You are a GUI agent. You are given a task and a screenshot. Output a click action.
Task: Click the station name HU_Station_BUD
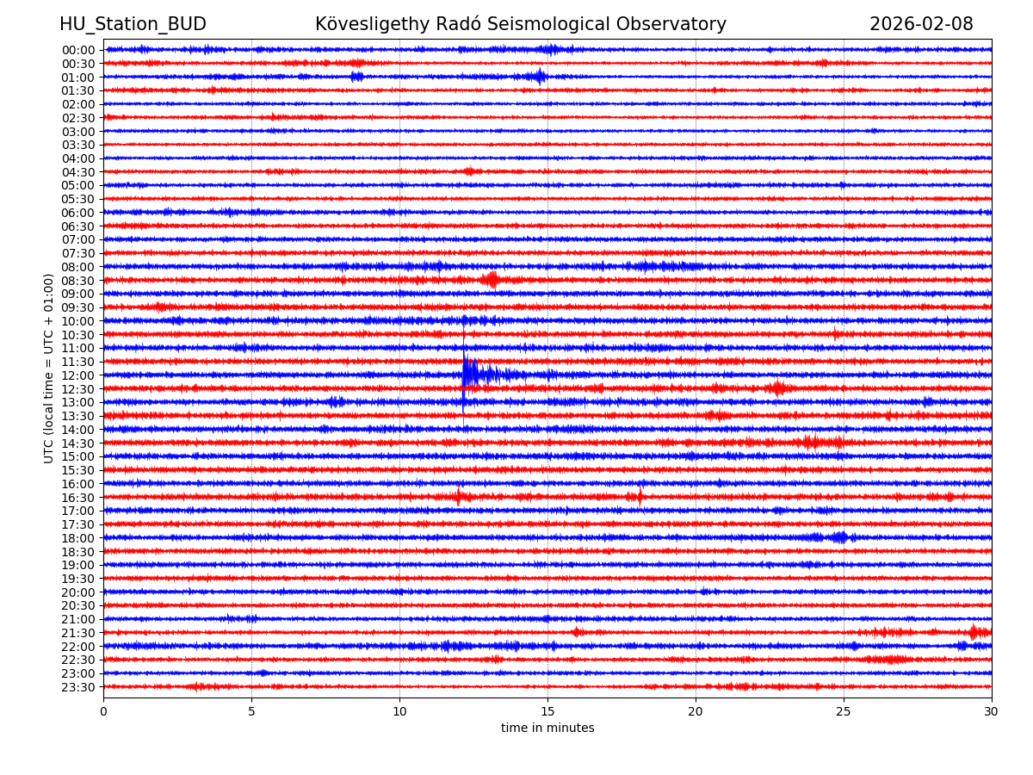click(133, 24)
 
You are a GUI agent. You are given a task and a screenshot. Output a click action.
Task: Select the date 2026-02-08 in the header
click(921, 24)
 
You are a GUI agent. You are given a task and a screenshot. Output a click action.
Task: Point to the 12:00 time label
click(77, 375)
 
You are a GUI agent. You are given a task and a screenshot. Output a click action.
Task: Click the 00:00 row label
click(77, 50)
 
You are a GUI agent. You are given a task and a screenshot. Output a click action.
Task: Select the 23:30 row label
click(77, 687)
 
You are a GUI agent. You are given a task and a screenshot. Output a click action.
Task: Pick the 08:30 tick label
click(77, 281)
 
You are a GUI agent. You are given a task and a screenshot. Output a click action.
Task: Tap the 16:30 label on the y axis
click(77, 498)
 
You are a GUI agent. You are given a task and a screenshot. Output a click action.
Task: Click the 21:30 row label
click(77, 633)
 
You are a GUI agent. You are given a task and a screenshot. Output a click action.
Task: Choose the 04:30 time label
click(77, 172)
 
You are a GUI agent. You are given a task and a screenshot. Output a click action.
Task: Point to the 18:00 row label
click(77, 538)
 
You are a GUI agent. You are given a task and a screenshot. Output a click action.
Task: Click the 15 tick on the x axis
click(547, 711)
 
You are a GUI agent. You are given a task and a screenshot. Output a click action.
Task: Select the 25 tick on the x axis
click(844, 711)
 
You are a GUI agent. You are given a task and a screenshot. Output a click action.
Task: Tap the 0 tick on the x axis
click(103, 711)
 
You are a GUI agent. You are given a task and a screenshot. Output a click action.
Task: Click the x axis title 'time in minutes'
click(547, 728)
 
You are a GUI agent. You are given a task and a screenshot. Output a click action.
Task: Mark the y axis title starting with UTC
click(50, 369)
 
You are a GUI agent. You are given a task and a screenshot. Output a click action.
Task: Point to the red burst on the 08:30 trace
click(491, 280)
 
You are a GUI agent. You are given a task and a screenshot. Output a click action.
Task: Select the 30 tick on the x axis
click(992, 711)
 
